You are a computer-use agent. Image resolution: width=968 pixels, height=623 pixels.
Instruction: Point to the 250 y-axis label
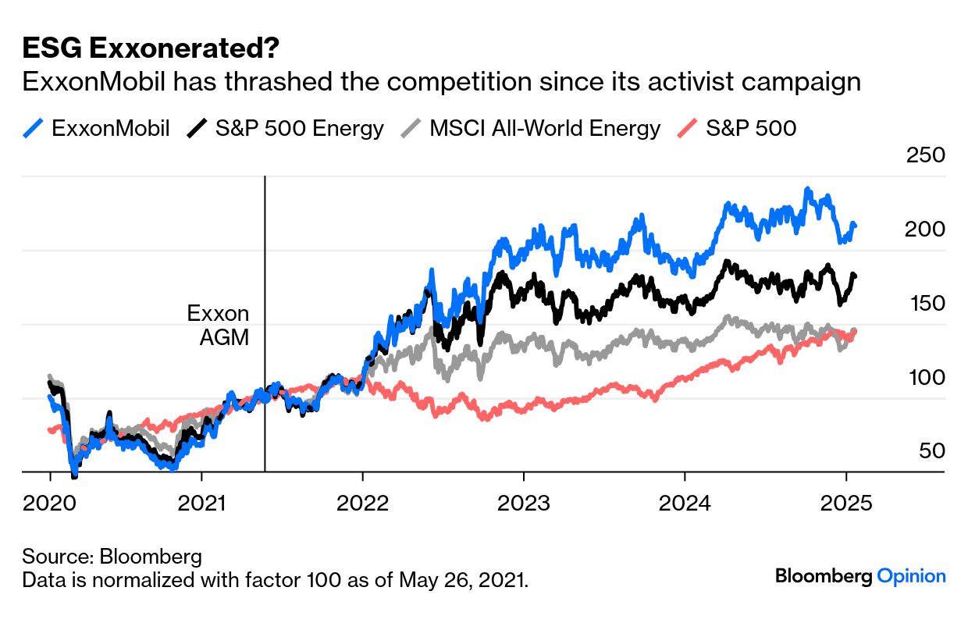(x=925, y=155)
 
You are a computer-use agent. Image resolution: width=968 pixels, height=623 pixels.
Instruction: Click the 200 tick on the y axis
(x=925, y=229)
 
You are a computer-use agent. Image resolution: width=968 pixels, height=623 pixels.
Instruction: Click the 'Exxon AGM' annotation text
(x=218, y=325)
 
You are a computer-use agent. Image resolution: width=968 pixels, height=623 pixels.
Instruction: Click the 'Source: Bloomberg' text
(x=112, y=557)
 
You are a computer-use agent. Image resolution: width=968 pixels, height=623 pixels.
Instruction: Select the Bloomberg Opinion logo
(x=860, y=577)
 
